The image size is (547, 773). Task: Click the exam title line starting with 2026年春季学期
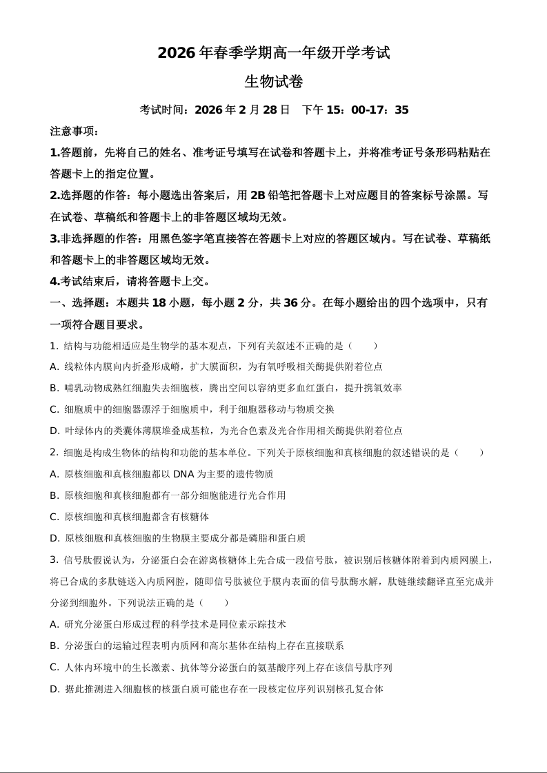click(x=274, y=52)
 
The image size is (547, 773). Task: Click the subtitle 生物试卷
click(x=274, y=81)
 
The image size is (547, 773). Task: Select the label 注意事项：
click(x=74, y=132)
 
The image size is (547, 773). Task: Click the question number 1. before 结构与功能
click(x=54, y=345)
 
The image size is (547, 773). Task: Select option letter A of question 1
click(x=54, y=367)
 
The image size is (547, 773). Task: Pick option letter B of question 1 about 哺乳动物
click(x=54, y=388)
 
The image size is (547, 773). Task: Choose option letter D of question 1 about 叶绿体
click(x=54, y=431)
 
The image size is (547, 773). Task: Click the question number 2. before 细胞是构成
click(x=54, y=453)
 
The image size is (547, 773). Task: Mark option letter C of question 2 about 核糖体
click(x=54, y=517)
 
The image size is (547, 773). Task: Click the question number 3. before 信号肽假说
click(x=54, y=559)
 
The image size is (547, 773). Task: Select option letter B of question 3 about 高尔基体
click(x=54, y=646)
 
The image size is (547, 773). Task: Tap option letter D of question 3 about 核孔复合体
click(x=54, y=688)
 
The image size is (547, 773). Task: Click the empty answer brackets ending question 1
click(x=363, y=345)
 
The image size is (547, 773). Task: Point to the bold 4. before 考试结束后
click(x=54, y=281)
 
